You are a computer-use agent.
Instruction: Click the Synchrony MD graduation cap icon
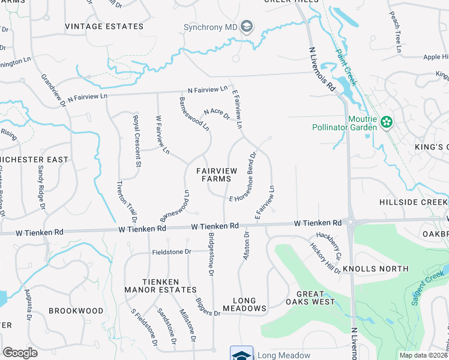point(247,26)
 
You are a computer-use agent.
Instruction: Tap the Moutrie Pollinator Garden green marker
point(386,122)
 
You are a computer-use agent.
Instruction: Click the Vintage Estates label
point(104,26)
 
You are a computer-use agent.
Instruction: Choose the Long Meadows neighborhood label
point(244,305)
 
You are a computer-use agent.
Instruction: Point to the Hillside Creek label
point(414,203)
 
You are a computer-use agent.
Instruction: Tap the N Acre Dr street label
point(217,113)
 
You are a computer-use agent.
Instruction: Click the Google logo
point(20,353)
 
